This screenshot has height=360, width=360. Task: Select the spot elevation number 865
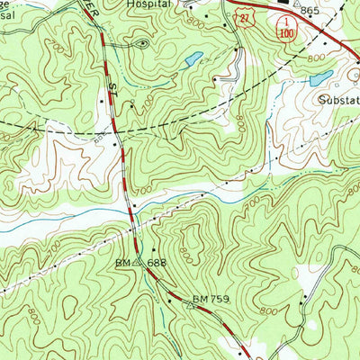click(x=310, y=10)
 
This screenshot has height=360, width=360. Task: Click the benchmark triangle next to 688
click(x=137, y=265)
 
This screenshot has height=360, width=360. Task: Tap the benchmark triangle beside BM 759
click(x=190, y=304)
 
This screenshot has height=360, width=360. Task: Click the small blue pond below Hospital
click(x=192, y=61)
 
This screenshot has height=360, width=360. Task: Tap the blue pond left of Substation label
click(x=320, y=79)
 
